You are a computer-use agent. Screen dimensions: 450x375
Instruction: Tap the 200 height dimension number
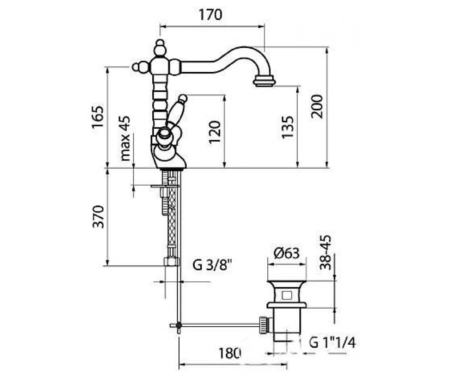(x=317, y=106)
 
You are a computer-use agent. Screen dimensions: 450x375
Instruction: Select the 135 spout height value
(x=288, y=127)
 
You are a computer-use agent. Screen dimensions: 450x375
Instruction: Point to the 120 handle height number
(x=215, y=132)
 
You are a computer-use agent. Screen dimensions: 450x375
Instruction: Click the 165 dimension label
(x=98, y=117)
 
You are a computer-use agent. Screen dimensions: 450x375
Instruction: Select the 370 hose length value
(x=98, y=217)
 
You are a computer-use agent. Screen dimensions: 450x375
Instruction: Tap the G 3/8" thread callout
(x=213, y=265)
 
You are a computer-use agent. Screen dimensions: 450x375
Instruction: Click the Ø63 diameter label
(x=286, y=253)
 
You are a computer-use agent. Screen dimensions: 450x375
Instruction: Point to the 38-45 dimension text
(x=325, y=253)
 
